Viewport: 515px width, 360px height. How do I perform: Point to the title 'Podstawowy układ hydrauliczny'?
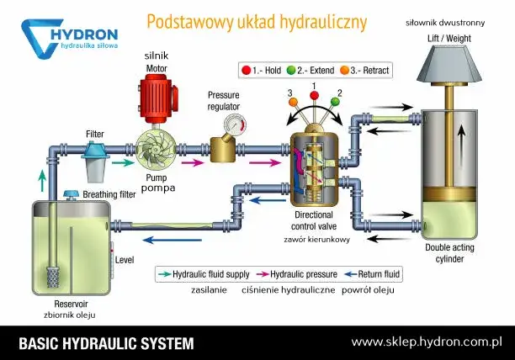(x=257, y=22)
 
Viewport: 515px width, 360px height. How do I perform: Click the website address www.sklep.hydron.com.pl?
(x=427, y=342)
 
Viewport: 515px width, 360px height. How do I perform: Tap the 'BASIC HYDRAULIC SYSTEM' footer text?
(x=106, y=343)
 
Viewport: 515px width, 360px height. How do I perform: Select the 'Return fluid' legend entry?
(x=378, y=274)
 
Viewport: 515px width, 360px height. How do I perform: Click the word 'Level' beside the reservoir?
(x=125, y=260)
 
